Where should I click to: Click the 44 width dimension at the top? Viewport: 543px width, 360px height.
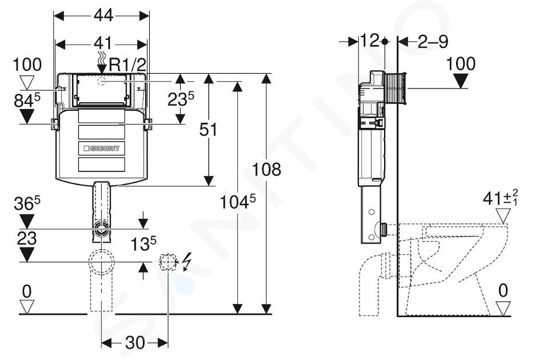pyautogui.click(x=103, y=15)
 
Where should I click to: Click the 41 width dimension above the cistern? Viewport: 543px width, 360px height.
pyautogui.click(x=103, y=43)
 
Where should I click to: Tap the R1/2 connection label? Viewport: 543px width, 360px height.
pyautogui.click(x=127, y=65)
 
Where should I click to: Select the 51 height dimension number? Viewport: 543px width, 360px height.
pyautogui.click(x=208, y=130)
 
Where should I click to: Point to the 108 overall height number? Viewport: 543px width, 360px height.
pyautogui.click(x=266, y=170)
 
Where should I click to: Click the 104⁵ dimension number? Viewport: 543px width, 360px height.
pyautogui.click(x=238, y=202)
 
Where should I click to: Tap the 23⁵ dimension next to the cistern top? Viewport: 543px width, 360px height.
pyautogui.click(x=181, y=99)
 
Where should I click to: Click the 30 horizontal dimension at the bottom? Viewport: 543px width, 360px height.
pyautogui.click(x=135, y=343)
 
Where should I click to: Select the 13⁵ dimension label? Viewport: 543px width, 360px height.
pyautogui.click(x=143, y=243)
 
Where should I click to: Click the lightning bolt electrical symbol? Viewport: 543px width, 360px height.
pyautogui.click(x=187, y=261)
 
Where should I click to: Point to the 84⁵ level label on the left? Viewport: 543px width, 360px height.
pyautogui.click(x=27, y=101)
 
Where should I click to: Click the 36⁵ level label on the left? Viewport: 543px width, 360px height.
pyautogui.click(x=27, y=203)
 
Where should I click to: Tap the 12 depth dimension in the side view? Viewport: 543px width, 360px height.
pyautogui.click(x=370, y=41)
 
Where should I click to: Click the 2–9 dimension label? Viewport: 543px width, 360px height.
pyautogui.click(x=433, y=42)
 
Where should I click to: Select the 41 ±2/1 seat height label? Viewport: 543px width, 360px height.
pyautogui.click(x=501, y=198)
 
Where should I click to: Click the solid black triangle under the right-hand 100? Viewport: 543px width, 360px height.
pyautogui.click(x=461, y=81)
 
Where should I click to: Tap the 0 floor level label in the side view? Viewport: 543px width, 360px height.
pyautogui.click(x=503, y=290)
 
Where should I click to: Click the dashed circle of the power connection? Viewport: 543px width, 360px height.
pyautogui.click(x=168, y=262)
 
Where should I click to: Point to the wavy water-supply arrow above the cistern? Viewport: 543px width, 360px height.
pyautogui.click(x=102, y=62)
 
